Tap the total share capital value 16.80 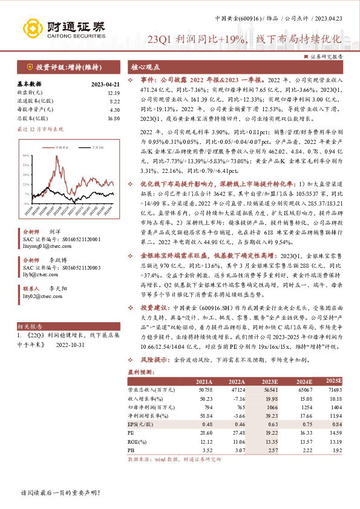(114, 119)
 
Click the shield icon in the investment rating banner (30, 67)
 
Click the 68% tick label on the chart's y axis (27, 155)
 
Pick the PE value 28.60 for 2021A (206, 433)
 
